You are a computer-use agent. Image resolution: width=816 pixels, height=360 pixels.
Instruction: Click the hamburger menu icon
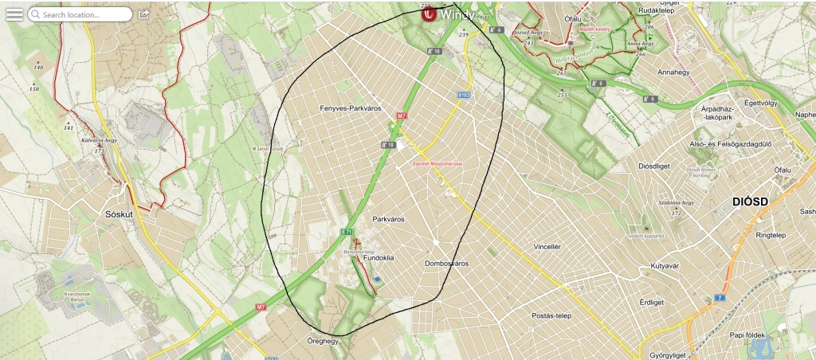coord(14,14)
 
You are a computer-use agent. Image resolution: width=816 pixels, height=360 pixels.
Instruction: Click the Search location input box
coord(80,14)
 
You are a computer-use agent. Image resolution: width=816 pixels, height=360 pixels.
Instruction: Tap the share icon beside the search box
coord(143,14)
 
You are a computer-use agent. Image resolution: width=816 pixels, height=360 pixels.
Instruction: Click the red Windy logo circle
coord(431,14)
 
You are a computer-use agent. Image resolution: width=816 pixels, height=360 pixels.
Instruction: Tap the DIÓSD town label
coord(749,202)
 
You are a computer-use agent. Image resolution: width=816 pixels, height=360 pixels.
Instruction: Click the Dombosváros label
coord(446,263)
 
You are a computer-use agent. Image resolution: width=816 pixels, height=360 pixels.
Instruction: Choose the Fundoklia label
coord(379,258)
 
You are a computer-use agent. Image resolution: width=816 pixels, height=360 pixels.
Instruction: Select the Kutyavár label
coord(669,266)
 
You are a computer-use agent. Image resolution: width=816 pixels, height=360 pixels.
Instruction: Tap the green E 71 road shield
coord(346,231)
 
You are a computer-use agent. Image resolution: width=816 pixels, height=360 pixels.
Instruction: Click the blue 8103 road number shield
coord(465,94)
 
